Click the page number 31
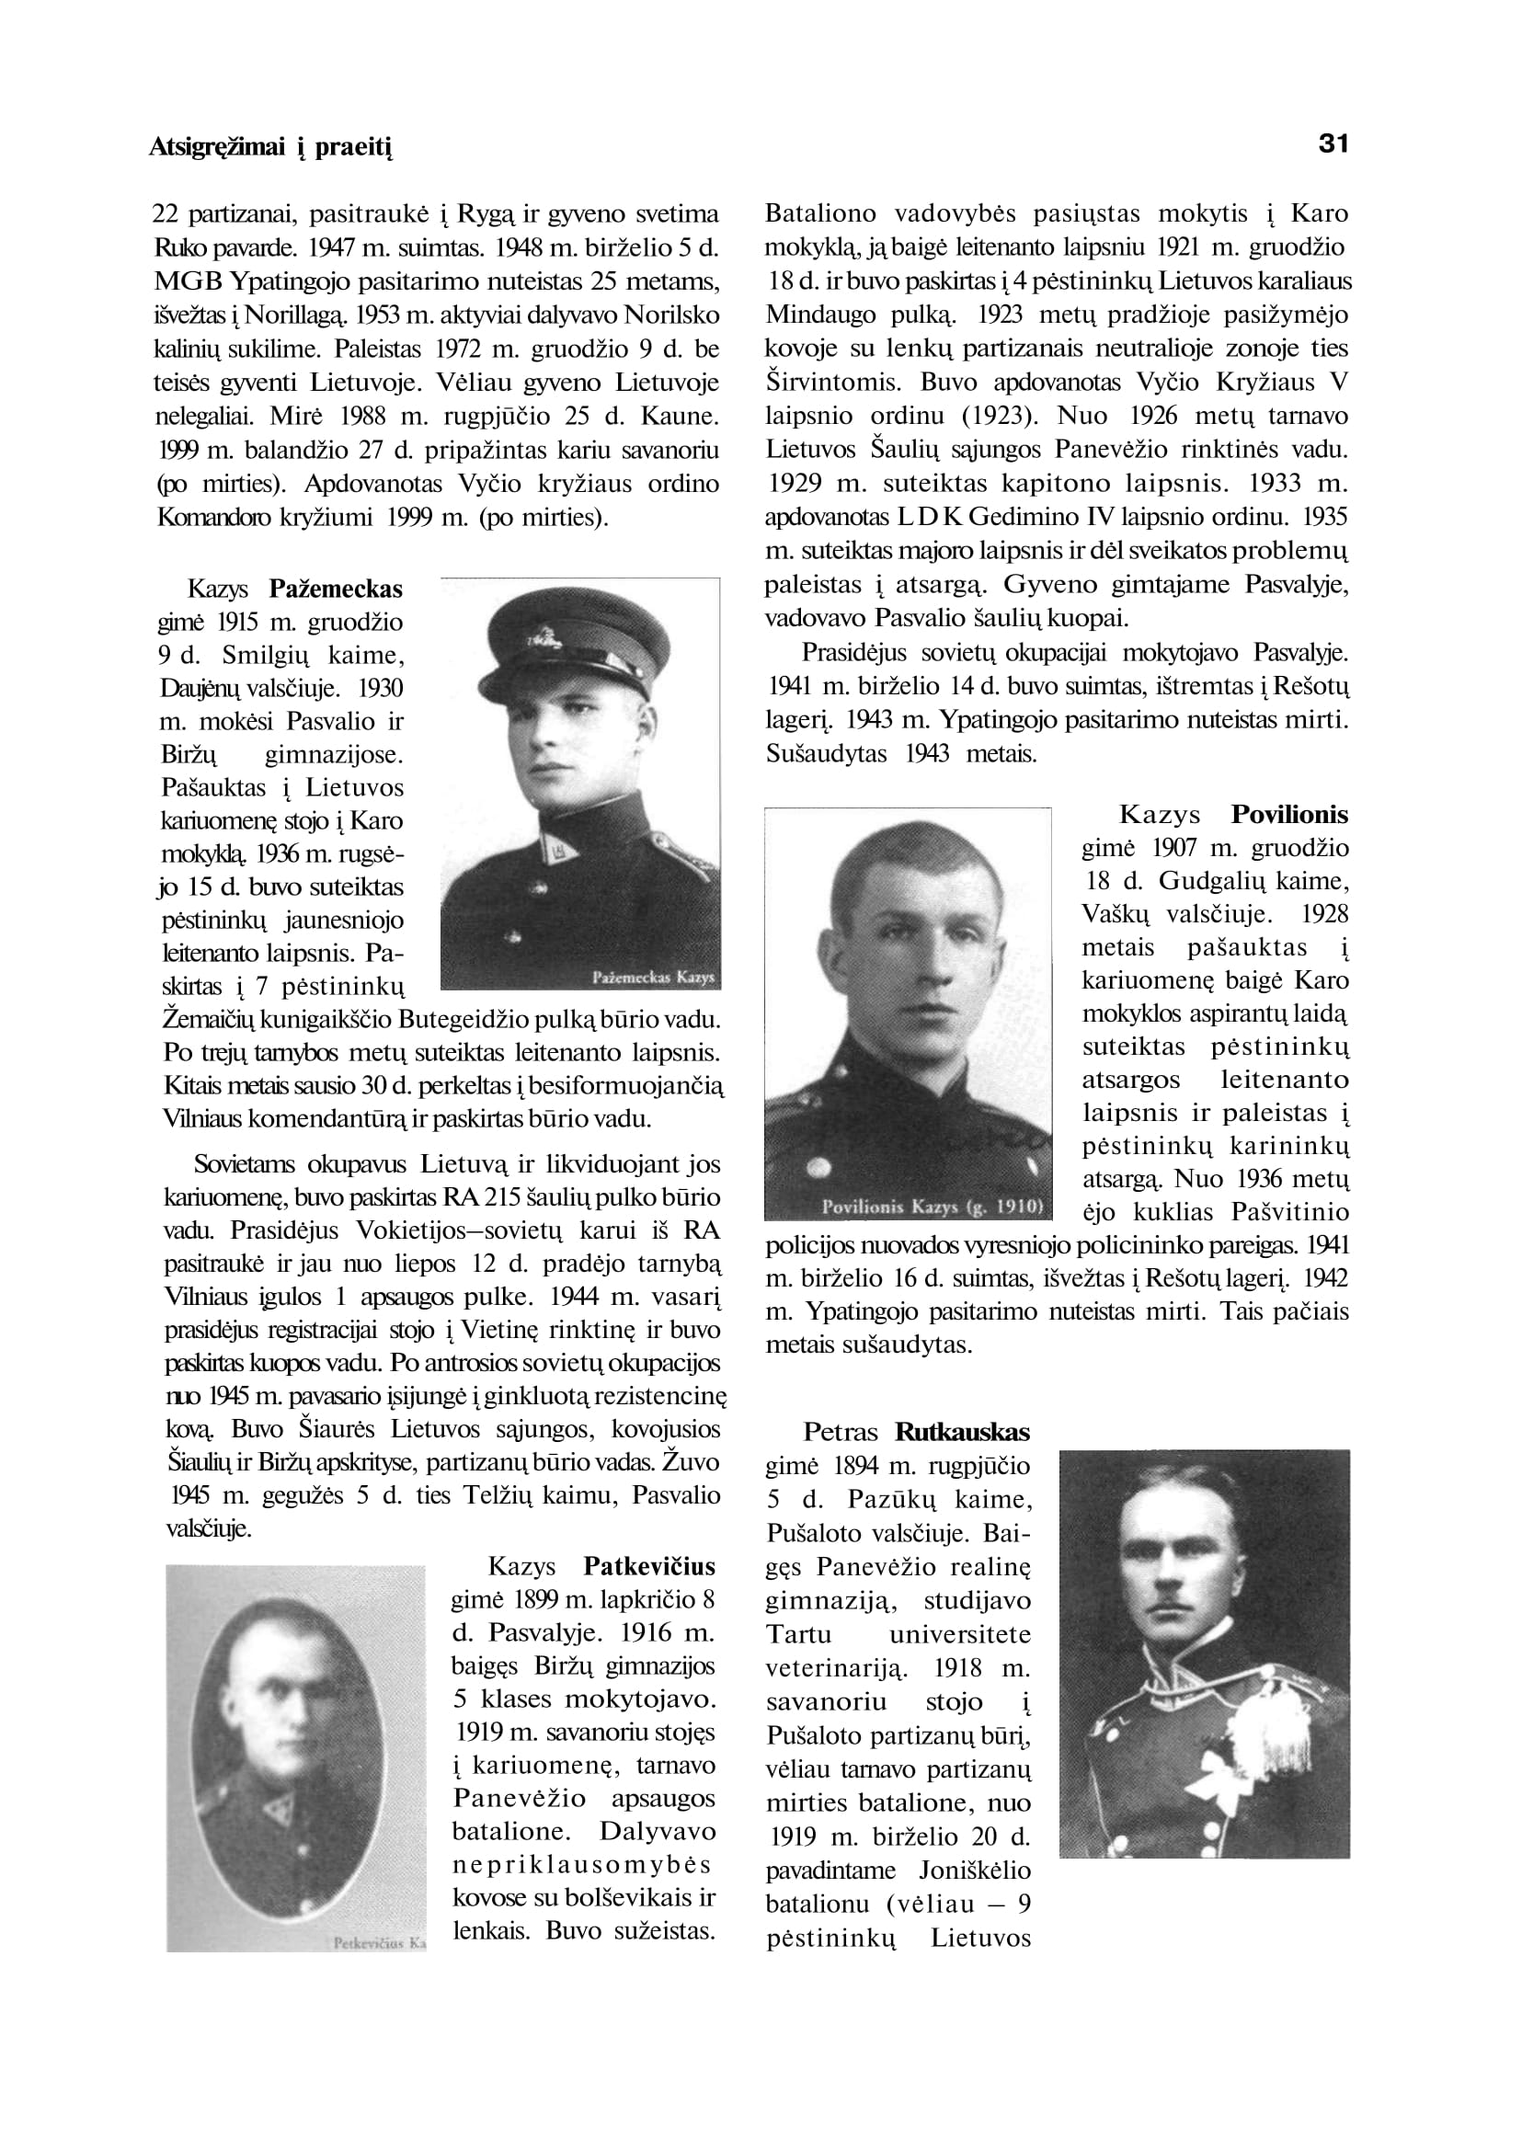click(1333, 144)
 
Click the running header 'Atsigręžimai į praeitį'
click(269, 147)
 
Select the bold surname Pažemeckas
click(336, 589)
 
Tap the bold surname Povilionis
click(1289, 815)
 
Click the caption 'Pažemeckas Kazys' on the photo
click(654, 978)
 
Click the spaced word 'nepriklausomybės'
click(581, 1864)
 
